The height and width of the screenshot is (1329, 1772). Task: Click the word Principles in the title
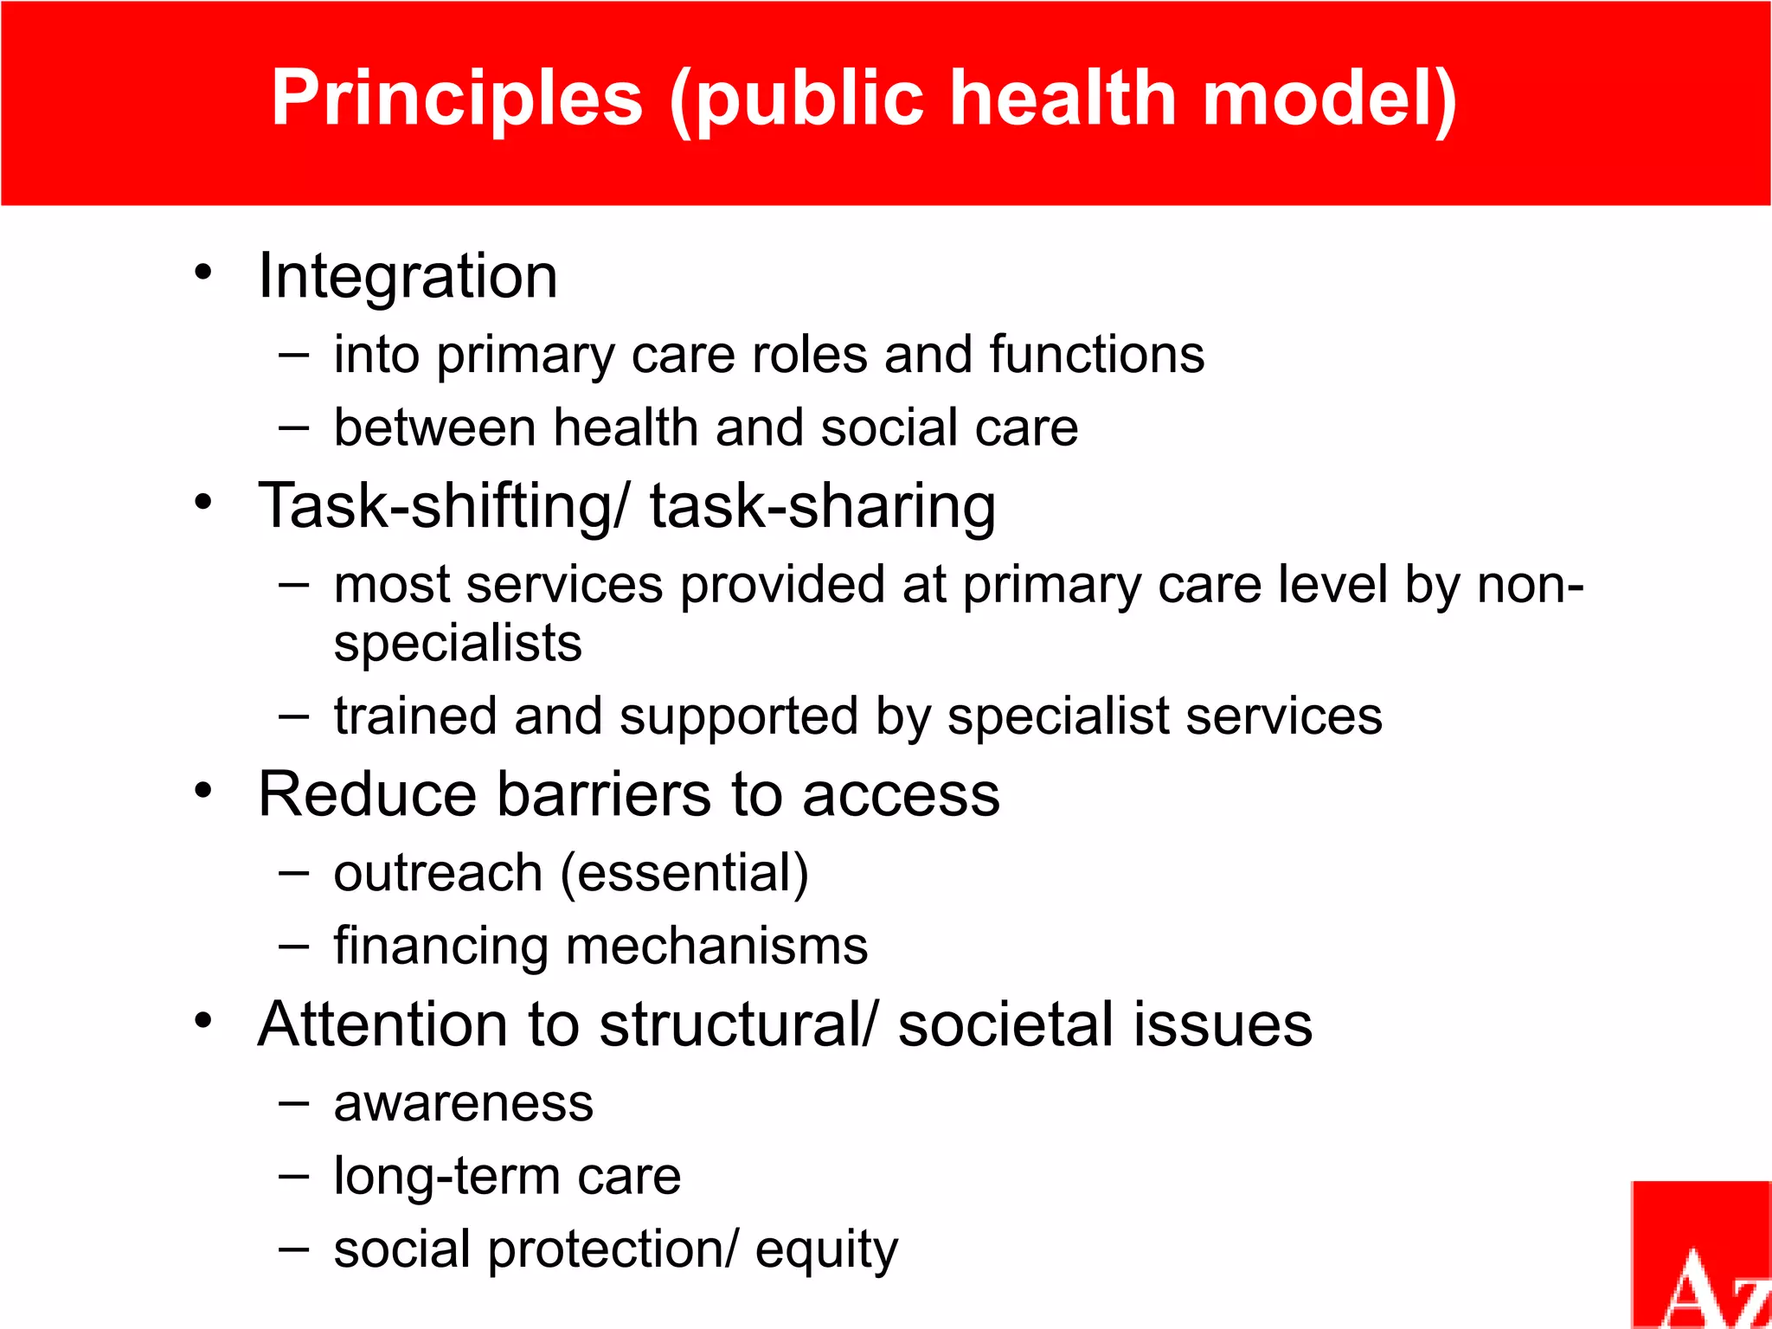click(x=457, y=98)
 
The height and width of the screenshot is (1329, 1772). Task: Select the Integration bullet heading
click(x=408, y=276)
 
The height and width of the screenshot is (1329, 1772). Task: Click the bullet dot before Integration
click(x=203, y=272)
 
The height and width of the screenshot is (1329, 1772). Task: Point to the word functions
click(x=1096, y=355)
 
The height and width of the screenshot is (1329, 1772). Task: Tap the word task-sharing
click(x=823, y=506)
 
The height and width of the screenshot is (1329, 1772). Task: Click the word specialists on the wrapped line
click(x=458, y=644)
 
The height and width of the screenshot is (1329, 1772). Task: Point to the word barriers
click(x=605, y=794)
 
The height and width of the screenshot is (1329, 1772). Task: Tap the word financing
click(x=440, y=946)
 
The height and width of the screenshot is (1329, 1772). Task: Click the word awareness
click(x=464, y=1103)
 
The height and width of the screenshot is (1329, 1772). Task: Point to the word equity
click(x=826, y=1250)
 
